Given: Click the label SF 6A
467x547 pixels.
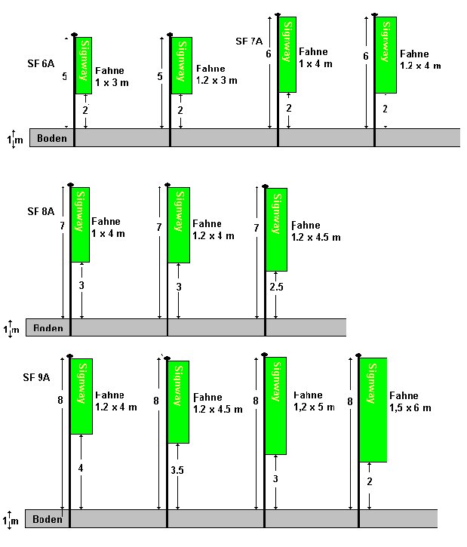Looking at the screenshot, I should coord(41,63).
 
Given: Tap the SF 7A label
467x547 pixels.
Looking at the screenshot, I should coord(248,41).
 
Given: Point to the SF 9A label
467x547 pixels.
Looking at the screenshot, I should coord(37,376).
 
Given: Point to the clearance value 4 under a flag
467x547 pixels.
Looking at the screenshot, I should coord(81,469).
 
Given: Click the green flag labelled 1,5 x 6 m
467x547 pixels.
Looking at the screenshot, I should coord(373,410).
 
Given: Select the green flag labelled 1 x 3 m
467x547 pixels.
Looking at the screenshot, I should coord(83,66).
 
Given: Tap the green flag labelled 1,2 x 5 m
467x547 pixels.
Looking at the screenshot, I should coord(275,406).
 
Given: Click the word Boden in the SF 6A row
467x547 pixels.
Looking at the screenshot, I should coord(53,137).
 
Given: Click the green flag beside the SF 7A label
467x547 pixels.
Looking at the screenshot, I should coord(287,55).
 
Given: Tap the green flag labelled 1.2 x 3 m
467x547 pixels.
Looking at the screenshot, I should coord(182,66).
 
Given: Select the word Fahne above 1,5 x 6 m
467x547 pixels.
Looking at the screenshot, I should coord(404,395).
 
